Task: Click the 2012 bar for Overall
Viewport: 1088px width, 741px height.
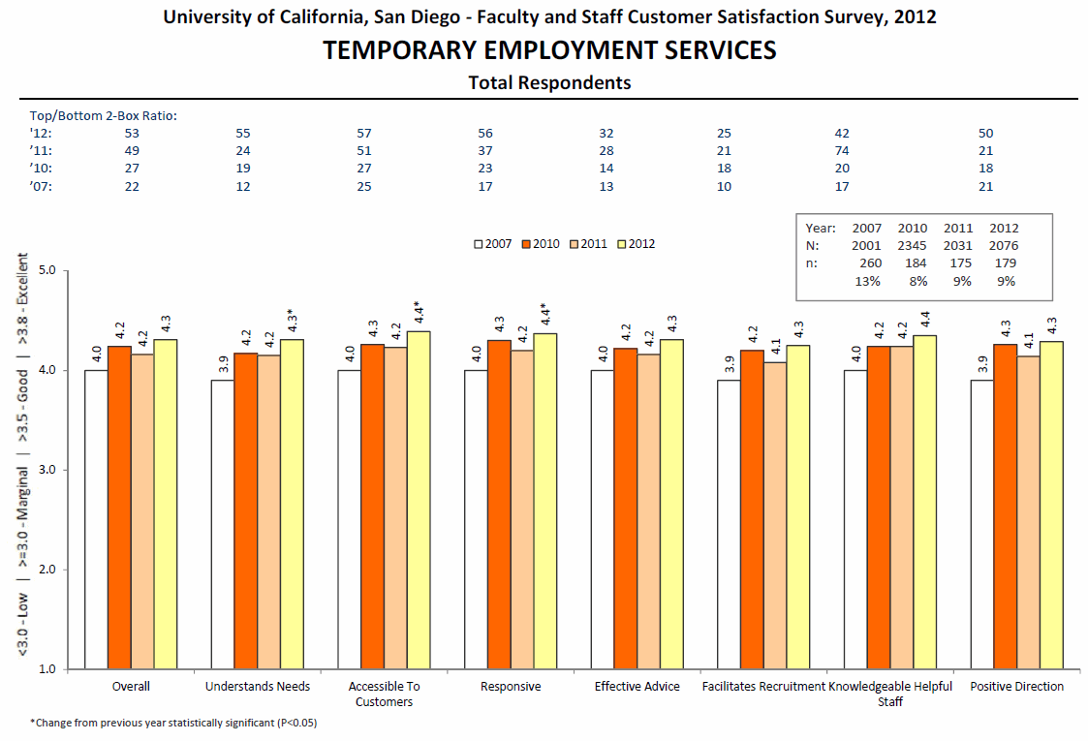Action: (165, 505)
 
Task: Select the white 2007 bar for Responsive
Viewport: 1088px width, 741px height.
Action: (476, 520)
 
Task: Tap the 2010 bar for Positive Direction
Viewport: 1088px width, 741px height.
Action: (1006, 507)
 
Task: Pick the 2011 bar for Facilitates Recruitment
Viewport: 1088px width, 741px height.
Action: (775, 515)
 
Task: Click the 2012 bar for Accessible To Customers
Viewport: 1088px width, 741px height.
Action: (419, 500)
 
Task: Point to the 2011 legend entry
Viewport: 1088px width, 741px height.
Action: (588, 244)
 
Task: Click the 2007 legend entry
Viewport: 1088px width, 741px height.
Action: (493, 244)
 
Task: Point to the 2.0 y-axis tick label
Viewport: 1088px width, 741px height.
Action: (47, 570)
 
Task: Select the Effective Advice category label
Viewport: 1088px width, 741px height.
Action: (637, 686)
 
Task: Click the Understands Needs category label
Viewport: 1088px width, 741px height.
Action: (258, 686)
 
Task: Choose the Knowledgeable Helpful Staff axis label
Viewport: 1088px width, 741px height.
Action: (890, 694)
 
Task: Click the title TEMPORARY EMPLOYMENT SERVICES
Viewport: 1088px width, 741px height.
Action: (549, 50)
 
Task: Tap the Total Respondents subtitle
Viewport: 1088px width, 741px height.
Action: (549, 82)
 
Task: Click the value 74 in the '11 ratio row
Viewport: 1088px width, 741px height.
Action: (842, 150)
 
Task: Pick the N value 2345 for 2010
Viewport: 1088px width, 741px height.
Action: (912, 246)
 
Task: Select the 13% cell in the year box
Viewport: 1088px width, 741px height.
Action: (867, 281)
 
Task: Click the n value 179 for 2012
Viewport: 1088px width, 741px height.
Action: (1005, 262)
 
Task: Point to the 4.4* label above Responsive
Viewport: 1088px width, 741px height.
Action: (544, 314)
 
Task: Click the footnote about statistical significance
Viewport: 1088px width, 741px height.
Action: (173, 723)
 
